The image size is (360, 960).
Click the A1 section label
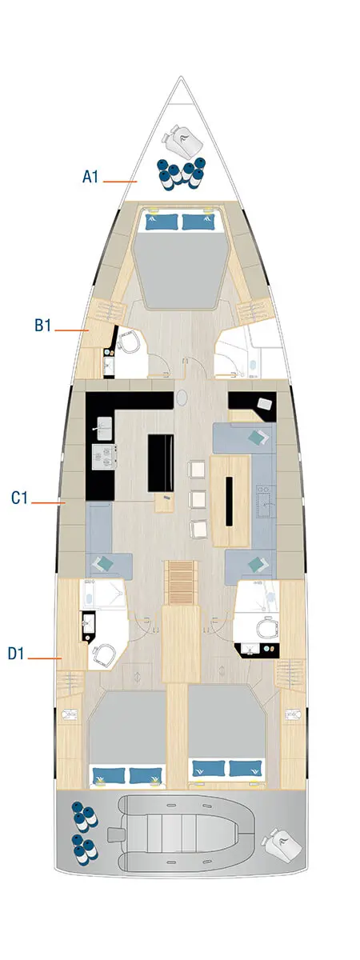click(x=90, y=177)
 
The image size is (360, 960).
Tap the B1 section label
click(x=42, y=326)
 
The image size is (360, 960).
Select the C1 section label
click(x=20, y=498)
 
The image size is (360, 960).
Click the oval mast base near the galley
click(x=182, y=397)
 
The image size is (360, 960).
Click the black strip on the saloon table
click(x=230, y=501)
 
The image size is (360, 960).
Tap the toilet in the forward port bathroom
click(x=128, y=344)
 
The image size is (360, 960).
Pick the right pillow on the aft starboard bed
click(x=244, y=768)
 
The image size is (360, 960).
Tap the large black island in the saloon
click(x=161, y=463)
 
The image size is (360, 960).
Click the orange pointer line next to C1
click(x=50, y=503)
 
